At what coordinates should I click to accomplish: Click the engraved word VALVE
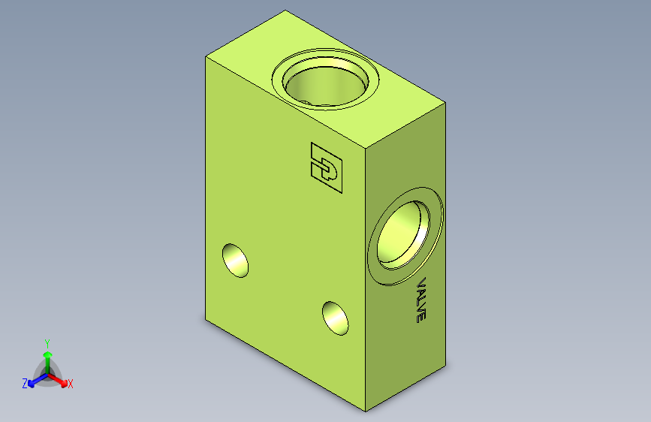(421, 300)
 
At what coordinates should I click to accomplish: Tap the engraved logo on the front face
(327, 167)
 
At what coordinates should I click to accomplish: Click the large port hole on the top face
(326, 79)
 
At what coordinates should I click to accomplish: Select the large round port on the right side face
(405, 236)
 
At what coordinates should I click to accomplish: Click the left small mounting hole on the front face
(236, 261)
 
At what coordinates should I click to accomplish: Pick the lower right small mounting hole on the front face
(336, 318)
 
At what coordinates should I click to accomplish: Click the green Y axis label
(47, 344)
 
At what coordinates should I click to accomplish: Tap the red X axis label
(70, 384)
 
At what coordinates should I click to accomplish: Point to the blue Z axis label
(25, 384)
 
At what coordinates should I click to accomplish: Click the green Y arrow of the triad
(48, 363)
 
